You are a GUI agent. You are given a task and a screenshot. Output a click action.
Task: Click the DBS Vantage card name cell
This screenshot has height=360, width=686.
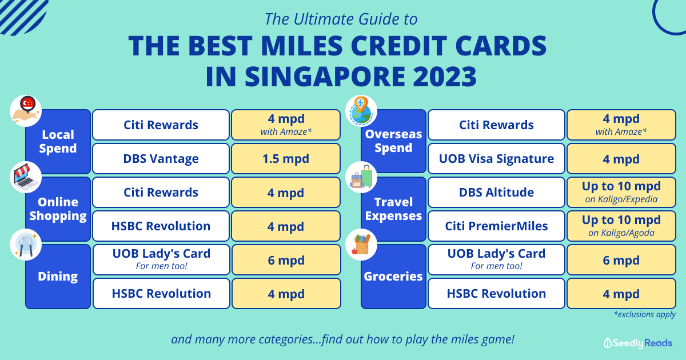[x=161, y=159]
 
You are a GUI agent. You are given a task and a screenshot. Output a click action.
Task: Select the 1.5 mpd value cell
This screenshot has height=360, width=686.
[x=286, y=159]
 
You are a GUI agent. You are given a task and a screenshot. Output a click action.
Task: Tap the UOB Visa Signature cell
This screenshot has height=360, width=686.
[x=496, y=159]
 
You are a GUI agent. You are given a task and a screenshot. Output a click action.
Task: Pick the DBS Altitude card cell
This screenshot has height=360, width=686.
[x=496, y=192]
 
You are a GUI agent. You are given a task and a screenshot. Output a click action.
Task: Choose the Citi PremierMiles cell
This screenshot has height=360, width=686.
[x=496, y=226]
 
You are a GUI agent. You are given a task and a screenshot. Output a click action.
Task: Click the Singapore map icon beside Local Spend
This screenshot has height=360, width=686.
[x=26, y=111]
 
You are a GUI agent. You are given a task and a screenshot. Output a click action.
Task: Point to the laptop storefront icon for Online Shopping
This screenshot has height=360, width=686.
[x=26, y=177]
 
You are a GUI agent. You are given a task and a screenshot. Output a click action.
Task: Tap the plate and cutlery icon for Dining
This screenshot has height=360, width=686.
[x=26, y=245]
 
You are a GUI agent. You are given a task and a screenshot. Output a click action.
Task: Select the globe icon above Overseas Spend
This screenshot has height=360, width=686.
[x=361, y=111]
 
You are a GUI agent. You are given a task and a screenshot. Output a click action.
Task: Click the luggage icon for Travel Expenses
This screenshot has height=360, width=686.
[x=361, y=177]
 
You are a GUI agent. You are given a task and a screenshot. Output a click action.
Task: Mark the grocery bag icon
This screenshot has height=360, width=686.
[x=361, y=245]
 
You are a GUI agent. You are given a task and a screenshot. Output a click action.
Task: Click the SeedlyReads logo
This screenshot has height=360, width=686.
[x=637, y=343]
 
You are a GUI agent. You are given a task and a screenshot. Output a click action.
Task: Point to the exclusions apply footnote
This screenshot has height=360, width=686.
[x=645, y=314]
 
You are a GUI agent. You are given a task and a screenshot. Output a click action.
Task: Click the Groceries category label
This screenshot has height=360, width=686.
[x=393, y=277]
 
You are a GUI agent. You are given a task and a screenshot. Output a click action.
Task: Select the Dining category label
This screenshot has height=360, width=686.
[x=58, y=277]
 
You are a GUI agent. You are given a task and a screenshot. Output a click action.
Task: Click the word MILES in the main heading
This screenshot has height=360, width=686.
[x=302, y=46]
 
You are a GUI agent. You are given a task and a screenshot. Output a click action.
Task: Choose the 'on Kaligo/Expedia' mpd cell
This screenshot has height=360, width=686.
[x=621, y=192]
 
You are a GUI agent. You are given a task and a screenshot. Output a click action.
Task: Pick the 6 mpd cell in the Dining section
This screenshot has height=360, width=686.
[x=286, y=259]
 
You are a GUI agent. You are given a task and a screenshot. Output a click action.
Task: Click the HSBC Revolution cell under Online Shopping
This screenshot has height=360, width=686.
[x=161, y=226]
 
